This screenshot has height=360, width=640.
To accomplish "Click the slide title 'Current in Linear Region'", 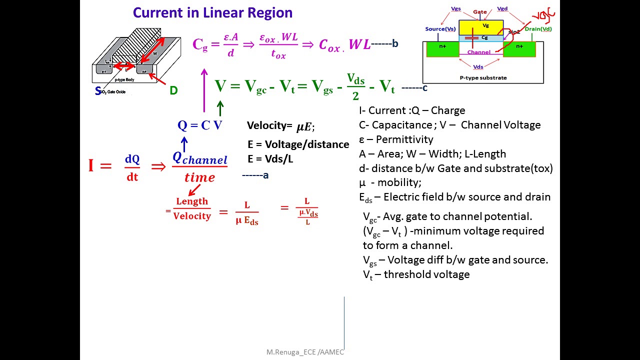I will tap(212, 12).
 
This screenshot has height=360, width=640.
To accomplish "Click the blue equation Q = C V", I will tap(200, 125).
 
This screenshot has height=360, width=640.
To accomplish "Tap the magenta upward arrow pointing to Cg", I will tap(204, 90).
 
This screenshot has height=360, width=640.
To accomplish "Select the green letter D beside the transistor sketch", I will tap(173, 90).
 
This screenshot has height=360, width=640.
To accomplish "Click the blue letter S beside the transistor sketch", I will tap(98, 91).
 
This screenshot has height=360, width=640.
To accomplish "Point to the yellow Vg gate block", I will tap(480, 27).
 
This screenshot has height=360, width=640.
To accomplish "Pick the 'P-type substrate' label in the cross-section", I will tap(483, 77).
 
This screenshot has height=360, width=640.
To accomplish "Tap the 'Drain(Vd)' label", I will tap(538, 29).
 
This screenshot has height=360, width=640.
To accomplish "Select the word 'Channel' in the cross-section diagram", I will tap(478, 52).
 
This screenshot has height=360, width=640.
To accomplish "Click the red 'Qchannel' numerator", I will tap(199, 158).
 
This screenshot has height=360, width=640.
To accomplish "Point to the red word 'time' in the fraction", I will tap(199, 177).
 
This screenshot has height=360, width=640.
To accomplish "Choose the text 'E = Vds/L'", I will tap(270, 159).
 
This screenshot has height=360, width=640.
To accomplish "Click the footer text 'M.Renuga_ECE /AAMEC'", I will tap(305, 352).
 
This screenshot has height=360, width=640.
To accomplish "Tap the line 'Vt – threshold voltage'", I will tap(416, 274).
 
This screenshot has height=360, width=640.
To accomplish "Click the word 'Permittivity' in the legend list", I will tap(404, 139).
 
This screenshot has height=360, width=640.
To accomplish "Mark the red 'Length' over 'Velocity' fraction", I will tap(192, 208).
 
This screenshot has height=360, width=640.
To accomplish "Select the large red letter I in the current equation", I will tap(91, 165).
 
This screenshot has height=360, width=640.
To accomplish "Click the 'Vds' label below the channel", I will tap(478, 66).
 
